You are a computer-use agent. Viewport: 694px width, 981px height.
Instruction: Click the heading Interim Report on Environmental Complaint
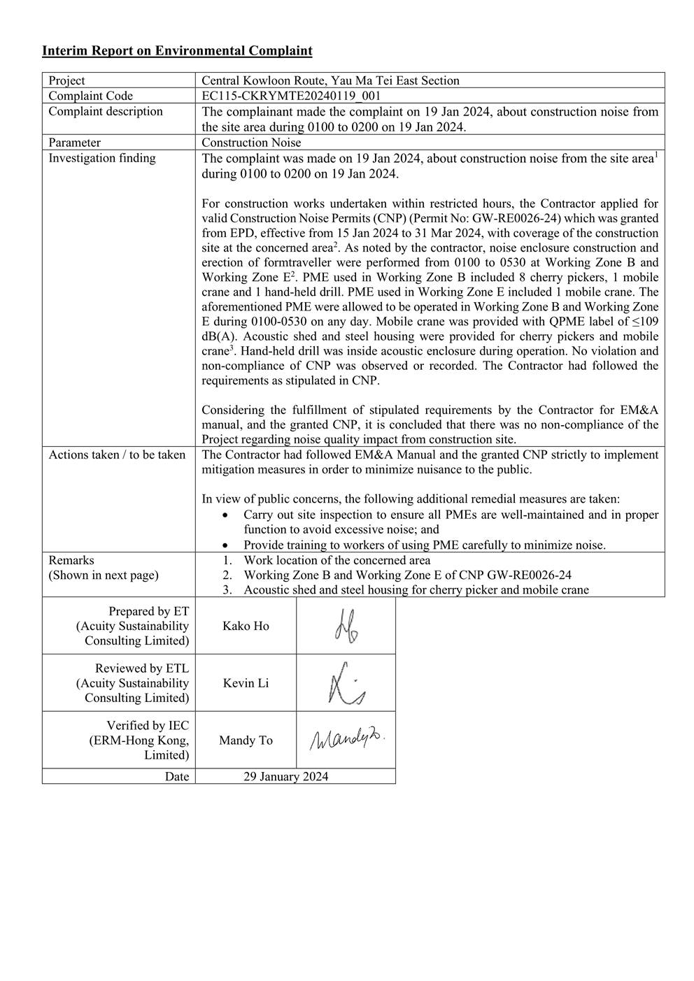[177, 50]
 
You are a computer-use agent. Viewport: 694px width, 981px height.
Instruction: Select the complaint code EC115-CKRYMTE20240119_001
[291, 96]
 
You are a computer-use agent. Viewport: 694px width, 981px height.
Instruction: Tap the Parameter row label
[74, 143]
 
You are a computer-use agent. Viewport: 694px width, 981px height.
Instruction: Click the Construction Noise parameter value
[251, 143]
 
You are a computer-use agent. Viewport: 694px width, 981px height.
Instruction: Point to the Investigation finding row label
[102, 158]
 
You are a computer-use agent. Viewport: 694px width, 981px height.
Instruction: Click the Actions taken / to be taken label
[117, 454]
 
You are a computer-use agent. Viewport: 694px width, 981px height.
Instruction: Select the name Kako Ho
[246, 626]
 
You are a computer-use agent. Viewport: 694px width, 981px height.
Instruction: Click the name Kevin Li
[246, 683]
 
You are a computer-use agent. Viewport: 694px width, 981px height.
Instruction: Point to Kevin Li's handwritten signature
[346, 684]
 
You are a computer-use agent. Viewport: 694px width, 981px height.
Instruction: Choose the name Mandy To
[246, 740]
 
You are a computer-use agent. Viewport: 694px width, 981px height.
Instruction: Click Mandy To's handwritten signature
[347, 738]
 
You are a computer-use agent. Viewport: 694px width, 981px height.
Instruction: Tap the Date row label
[177, 776]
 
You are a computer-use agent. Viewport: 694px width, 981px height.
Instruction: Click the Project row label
[67, 80]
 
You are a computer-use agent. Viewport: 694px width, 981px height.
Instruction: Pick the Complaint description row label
[105, 111]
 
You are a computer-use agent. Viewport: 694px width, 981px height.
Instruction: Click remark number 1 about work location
[337, 560]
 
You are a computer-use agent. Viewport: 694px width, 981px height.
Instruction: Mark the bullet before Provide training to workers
[224, 545]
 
